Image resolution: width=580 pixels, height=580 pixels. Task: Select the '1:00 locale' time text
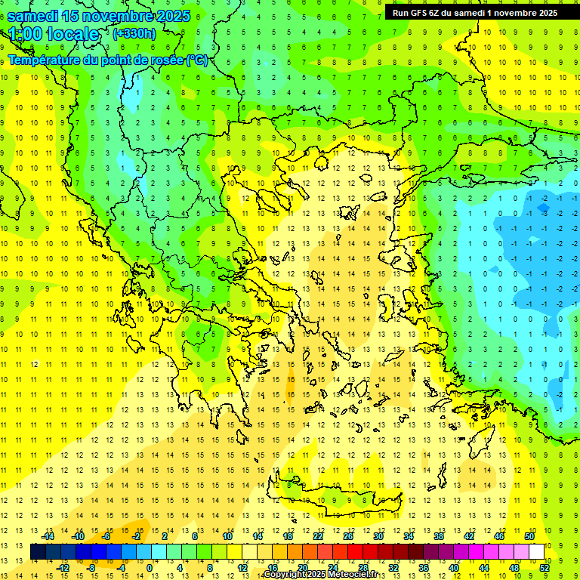pos(54,34)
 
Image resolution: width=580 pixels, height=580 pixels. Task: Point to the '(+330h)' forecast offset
pos(134,33)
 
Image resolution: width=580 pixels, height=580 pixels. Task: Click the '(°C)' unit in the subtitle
pos(196,60)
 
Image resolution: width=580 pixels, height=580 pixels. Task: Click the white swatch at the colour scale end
pos(537,552)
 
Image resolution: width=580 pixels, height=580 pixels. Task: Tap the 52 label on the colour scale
pos(544,568)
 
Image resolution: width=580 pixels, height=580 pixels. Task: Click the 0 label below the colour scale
pos(150,568)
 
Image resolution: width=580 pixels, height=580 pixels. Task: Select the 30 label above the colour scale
pos(378,536)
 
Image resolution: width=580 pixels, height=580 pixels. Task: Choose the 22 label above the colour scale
pos(318,536)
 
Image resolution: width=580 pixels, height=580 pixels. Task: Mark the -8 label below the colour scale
pos(91,568)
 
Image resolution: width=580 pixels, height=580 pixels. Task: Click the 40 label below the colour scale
pos(453,568)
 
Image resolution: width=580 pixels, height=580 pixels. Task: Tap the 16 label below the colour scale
pos(273,568)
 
